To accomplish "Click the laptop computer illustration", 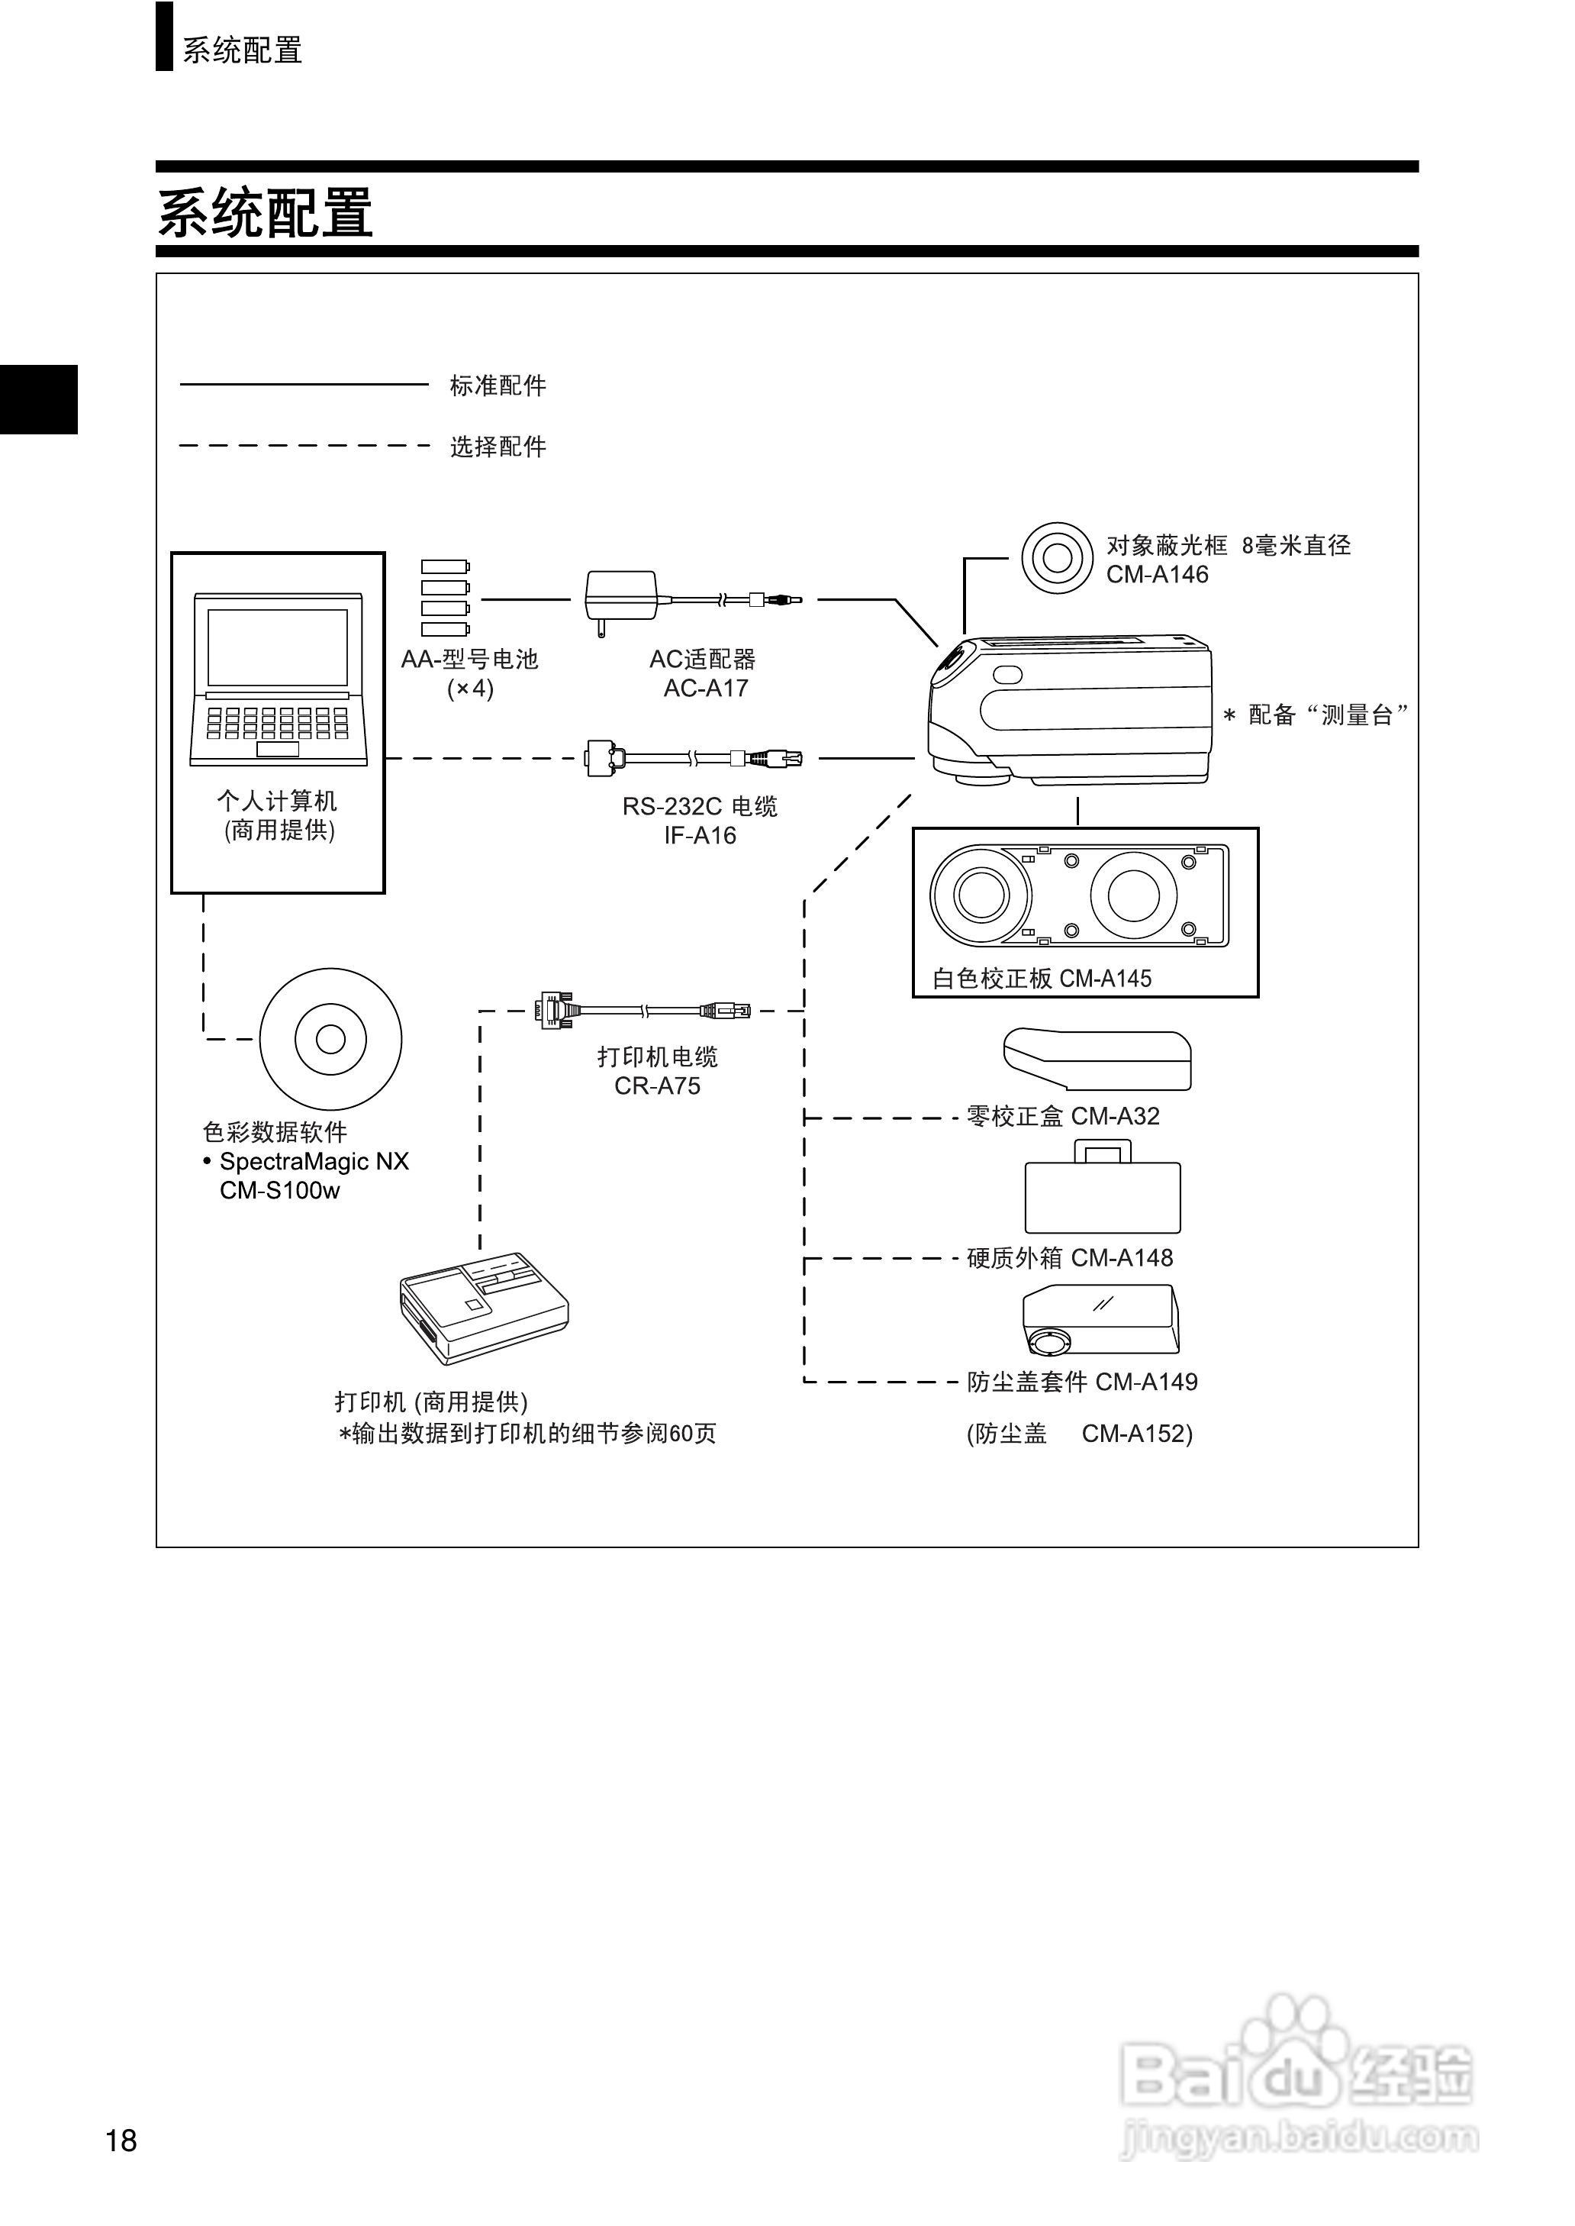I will click(x=279, y=679).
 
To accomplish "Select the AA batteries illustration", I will click(x=445, y=598).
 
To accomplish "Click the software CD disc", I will click(x=330, y=1039).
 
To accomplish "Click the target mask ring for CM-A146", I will click(x=1057, y=558).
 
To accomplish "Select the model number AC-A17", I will click(x=705, y=688).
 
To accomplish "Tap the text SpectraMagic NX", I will click(x=314, y=1161).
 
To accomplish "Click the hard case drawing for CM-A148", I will click(x=1103, y=1190).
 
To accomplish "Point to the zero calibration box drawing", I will click(x=1097, y=1059).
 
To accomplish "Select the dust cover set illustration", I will click(x=1101, y=1319).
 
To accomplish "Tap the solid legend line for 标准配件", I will click(x=304, y=385).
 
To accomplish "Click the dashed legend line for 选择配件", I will click(x=304, y=446).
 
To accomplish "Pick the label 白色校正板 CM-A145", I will click(x=1042, y=979).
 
